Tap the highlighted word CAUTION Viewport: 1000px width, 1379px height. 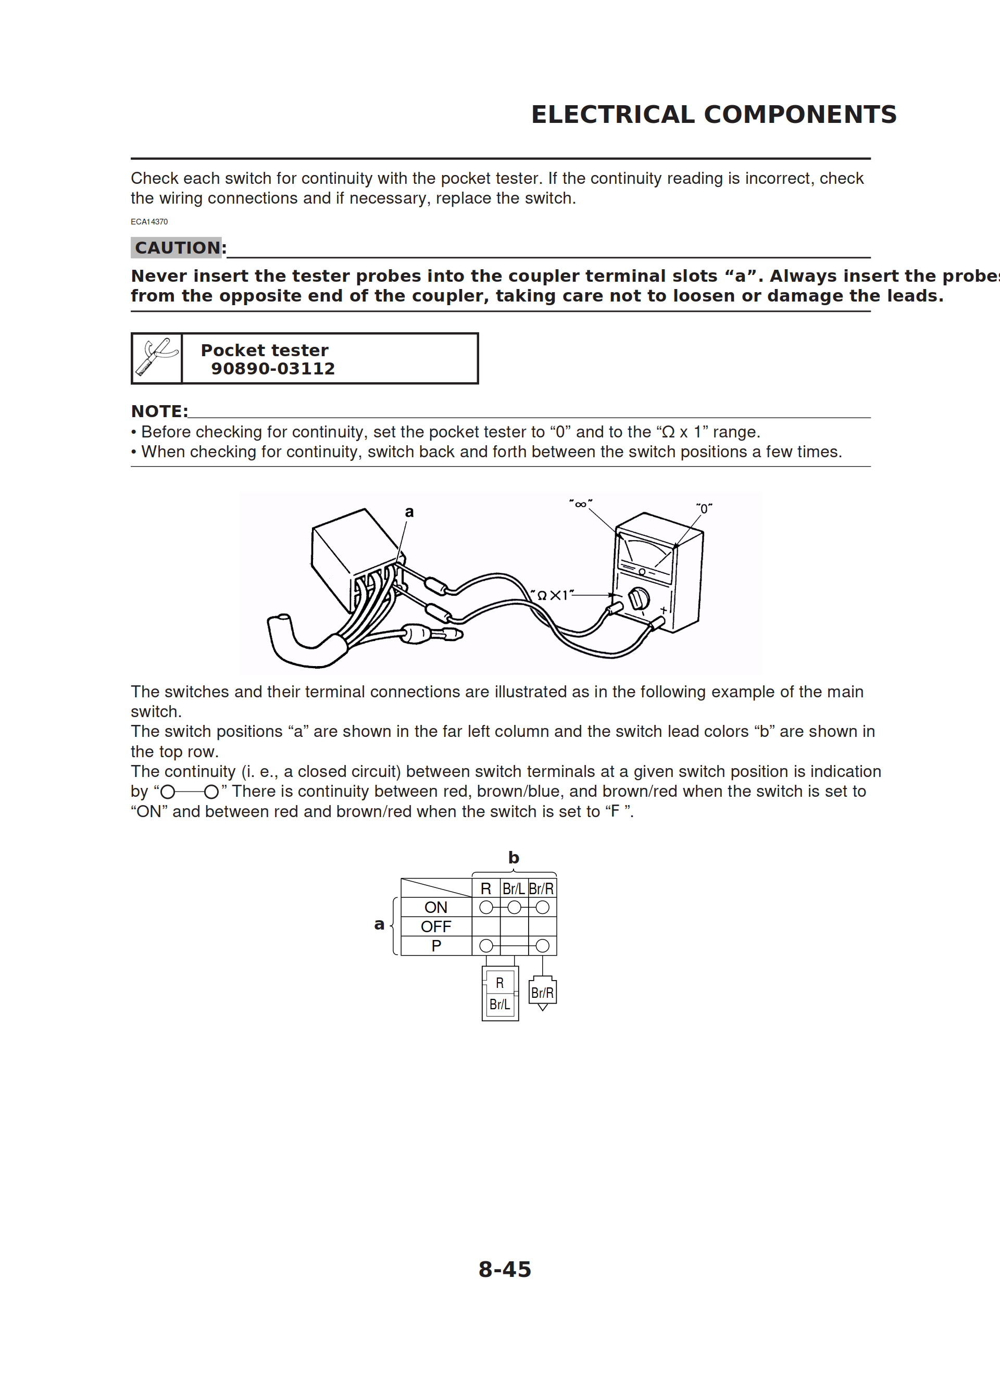[x=177, y=247]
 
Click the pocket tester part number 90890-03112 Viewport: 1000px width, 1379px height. [x=273, y=369]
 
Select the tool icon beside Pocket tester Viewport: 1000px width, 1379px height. [x=157, y=358]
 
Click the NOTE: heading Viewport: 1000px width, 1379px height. [x=159, y=411]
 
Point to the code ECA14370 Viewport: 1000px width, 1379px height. [x=149, y=222]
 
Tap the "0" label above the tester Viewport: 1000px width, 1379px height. [x=704, y=508]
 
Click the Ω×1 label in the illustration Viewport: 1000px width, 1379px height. [x=552, y=595]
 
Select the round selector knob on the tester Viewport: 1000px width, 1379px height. [x=638, y=599]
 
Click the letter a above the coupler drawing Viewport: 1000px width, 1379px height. [x=409, y=512]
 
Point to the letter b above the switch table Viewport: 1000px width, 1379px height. [x=514, y=857]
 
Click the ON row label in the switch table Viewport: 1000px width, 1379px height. [x=435, y=907]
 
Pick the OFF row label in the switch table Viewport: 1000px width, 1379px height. [x=435, y=926]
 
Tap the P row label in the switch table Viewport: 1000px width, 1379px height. [x=435, y=946]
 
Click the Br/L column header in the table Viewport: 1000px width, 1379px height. [x=514, y=888]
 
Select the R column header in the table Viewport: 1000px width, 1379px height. [x=485, y=888]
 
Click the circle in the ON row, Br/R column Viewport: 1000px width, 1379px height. [x=543, y=907]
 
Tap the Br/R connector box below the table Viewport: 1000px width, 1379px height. [x=542, y=992]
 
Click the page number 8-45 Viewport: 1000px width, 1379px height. [x=504, y=1269]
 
